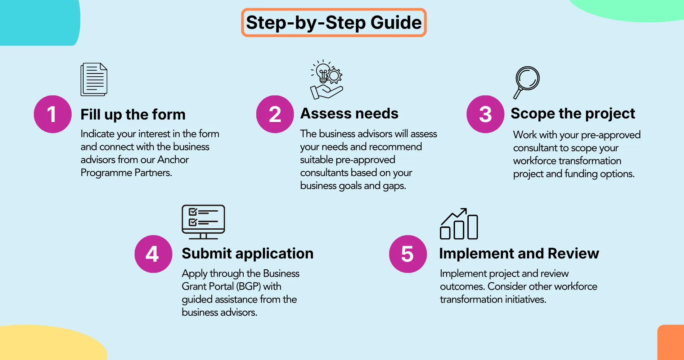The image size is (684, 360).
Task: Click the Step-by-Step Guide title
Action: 334,22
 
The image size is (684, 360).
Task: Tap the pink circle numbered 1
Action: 53,114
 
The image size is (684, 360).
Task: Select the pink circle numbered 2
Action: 275,114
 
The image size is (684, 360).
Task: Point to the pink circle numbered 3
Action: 485,114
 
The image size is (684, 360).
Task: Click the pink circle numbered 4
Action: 153,254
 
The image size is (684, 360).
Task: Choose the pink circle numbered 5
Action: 408,254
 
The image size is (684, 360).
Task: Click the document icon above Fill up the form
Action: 94,80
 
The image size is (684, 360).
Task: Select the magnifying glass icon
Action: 526,82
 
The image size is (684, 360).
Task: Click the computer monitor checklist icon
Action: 203,222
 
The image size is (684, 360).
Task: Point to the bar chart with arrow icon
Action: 459,224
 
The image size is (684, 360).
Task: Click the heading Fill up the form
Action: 133,114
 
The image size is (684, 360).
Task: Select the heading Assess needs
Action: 349,113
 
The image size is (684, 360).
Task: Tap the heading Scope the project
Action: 573,113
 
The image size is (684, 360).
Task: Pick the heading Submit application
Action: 247,253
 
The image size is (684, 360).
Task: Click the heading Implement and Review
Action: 519,253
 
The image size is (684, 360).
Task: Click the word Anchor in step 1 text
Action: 173,159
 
